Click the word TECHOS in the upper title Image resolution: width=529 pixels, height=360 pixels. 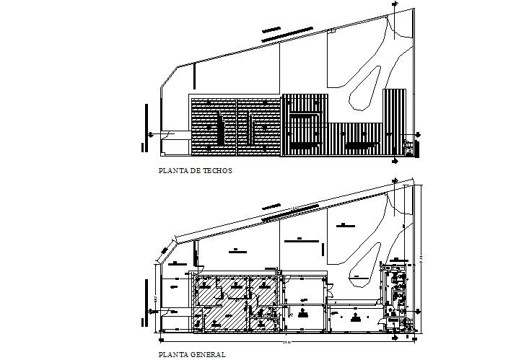tap(219, 172)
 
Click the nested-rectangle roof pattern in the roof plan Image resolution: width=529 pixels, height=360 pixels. tap(305, 122)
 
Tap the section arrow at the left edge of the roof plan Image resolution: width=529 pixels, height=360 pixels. tap(150, 133)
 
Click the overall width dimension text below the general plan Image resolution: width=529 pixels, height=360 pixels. tap(286, 339)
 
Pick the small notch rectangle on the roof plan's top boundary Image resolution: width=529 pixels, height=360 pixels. tap(331, 30)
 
